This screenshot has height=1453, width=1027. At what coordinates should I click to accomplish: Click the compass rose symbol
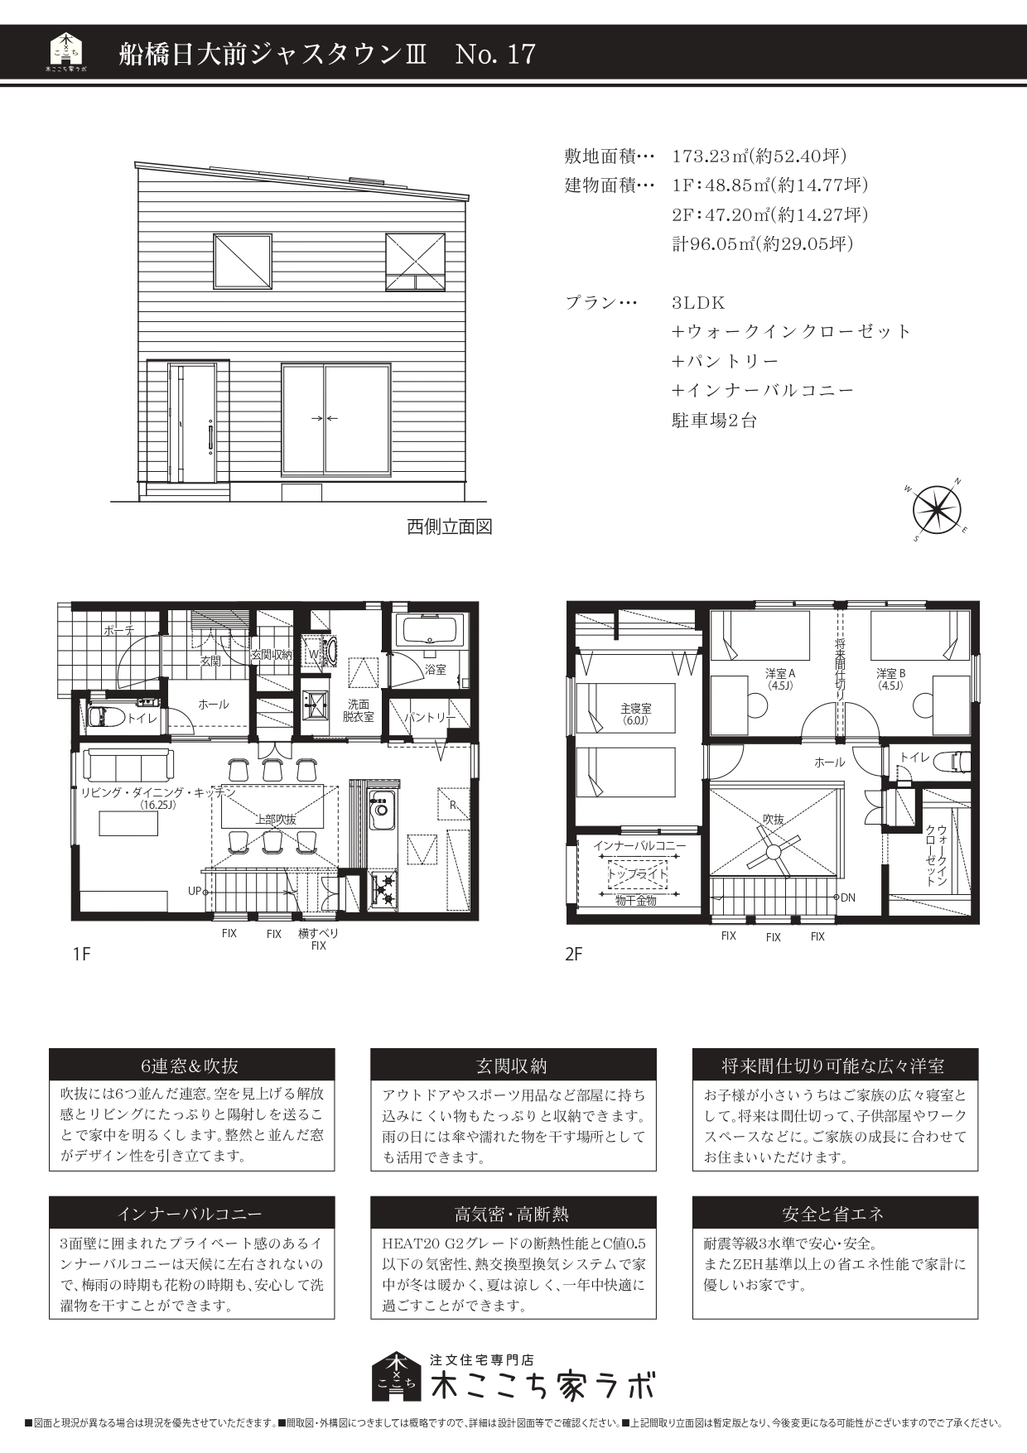point(937,509)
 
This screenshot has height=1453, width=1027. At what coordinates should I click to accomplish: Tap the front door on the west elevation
point(192,422)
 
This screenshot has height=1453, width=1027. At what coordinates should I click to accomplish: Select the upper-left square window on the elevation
point(243,261)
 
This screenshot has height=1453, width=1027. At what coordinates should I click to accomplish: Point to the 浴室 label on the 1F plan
point(436,669)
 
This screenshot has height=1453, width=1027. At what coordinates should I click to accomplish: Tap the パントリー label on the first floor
point(430,718)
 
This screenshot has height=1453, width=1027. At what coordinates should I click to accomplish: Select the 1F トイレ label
point(142,719)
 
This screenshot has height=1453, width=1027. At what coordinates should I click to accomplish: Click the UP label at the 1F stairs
point(195,892)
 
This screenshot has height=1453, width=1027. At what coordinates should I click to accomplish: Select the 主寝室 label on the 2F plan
point(636,709)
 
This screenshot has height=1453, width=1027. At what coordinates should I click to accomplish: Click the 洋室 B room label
point(891,674)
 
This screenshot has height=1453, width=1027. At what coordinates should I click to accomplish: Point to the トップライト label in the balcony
point(638,873)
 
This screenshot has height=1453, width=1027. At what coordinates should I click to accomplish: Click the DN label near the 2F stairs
point(848,897)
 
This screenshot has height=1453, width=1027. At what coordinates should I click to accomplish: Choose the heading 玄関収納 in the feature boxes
point(513,1066)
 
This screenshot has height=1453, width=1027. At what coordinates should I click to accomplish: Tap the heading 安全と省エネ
point(834,1215)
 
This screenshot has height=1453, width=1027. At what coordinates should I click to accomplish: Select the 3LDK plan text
point(698,303)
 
